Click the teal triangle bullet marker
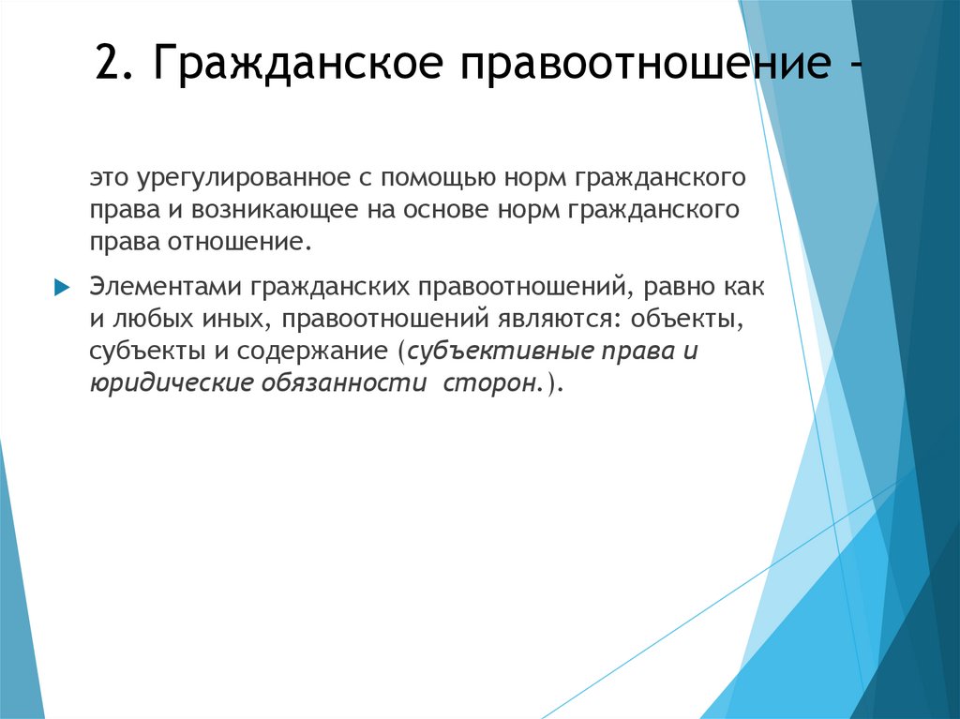(x=62, y=286)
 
